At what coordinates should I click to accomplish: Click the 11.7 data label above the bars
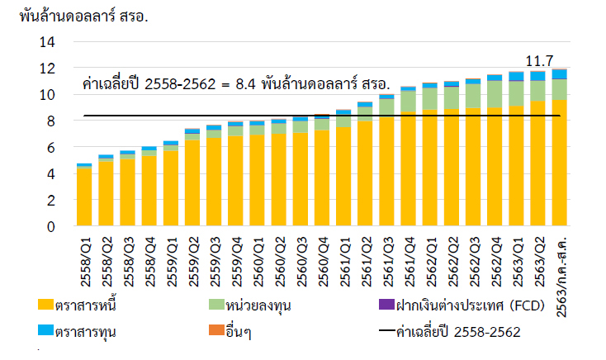pyautogui.click(x=540, y=60)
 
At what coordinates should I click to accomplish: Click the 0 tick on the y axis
pyautogui.click(x=50, y=226)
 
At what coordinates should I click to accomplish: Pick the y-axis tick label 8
pyautogui.click(x=50, y=121)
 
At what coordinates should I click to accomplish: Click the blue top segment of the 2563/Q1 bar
pyautogui.click(x=516, y=76)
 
